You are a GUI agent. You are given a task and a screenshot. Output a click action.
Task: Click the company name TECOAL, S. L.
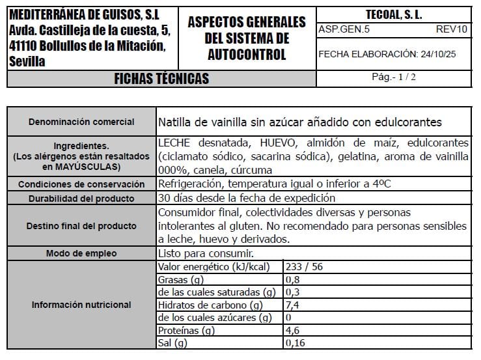[394, 14]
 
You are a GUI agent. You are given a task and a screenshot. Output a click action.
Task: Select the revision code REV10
[452, 30]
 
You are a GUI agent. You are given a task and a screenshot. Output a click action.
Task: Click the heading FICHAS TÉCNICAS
[161, 79]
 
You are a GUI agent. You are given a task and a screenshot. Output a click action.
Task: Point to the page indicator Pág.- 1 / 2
[394, 77]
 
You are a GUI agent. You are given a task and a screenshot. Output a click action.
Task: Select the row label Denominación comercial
[81, 122]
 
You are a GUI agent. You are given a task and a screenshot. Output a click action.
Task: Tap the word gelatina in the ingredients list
[362, 157]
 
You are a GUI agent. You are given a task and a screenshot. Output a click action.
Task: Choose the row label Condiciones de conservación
[81, 184]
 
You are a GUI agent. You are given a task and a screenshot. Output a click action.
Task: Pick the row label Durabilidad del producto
[81, 199]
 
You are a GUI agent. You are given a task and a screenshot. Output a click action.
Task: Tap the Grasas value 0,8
[293, 279]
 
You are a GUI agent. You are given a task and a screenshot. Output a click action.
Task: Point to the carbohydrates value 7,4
[293, 305]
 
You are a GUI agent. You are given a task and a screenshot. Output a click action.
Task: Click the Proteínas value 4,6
[293, 330]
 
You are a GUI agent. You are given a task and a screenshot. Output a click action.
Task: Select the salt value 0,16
[295, 342]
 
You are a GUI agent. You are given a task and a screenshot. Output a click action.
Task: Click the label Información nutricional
[81, 305]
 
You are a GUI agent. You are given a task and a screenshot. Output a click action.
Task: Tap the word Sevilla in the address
[27, 62]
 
